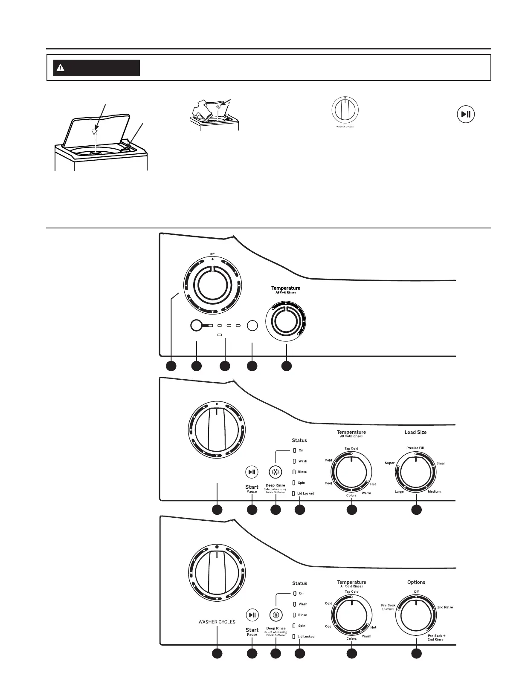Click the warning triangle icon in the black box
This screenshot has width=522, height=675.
click(x=61, y=68)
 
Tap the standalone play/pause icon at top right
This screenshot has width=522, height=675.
click(x=466, y=114)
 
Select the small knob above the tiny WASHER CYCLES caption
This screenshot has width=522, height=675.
click(x=345, y=110)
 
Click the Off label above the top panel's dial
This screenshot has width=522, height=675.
click(x=212, y=254)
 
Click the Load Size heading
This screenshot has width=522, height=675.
click(x=415, y=432)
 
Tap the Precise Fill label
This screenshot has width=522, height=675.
click(x=415, y=448)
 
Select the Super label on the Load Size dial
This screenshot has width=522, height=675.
click(x=390, y=463)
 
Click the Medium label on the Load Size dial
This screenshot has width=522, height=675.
click(x=434, y=491)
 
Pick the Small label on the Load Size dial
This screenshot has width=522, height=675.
click(x=441, y=463)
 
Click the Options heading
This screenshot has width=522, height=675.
click(x=416, y=582)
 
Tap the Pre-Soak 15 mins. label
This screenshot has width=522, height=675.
click(x=388, y=607)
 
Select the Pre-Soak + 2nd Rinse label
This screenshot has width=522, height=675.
click(x=436, y=637)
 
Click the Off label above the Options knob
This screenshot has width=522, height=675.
click(x=416, y=591)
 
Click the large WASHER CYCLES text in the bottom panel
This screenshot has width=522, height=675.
click(x=217, y=622)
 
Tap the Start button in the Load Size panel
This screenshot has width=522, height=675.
click(x=252, y=472)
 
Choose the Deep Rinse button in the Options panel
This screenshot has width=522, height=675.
click(x=276, y=615)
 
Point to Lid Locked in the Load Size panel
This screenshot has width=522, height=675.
click(x=305, y=493)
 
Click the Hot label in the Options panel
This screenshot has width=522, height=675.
click(x=373, y=627)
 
